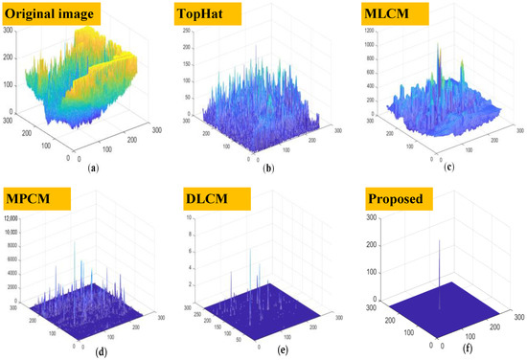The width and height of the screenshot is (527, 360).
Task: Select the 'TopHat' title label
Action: click(207, 14)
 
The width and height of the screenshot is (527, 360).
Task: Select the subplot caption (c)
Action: click(449, 166)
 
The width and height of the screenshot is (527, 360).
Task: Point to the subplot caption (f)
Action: click(449, 349)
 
